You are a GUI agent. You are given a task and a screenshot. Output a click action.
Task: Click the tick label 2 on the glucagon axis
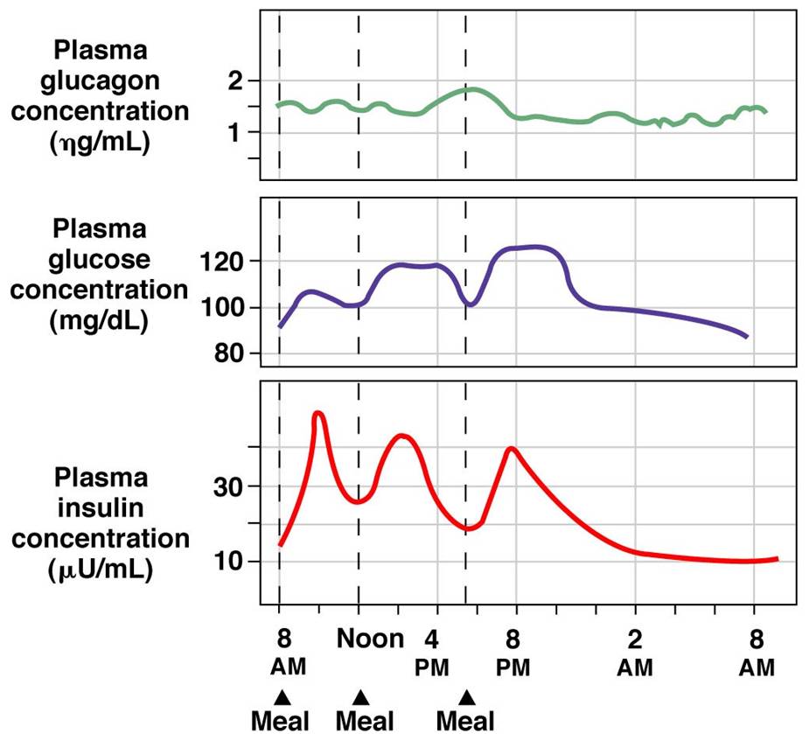232,81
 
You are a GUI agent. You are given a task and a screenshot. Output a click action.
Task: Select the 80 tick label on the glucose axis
226,354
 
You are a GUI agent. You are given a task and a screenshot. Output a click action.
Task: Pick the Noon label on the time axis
370,638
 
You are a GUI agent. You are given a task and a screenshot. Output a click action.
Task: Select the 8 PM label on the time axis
515,653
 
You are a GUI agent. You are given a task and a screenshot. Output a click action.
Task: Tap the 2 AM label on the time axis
636,653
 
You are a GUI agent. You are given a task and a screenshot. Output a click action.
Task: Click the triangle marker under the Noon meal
359,697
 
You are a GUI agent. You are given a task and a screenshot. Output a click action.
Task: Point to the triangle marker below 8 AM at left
281,697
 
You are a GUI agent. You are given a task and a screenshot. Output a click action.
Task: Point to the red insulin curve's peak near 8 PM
511,449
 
